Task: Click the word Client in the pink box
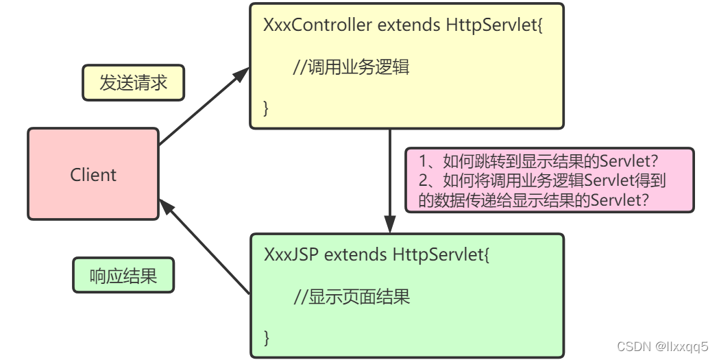(93, 175)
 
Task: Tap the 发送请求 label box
(133, 83)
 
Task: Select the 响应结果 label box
(123, 276)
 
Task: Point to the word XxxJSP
(291, 255)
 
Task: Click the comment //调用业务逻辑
(351, 67)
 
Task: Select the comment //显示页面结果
(352, 297)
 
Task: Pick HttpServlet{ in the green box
(441, 255)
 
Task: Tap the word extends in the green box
(356, 255)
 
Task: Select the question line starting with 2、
(542, 180)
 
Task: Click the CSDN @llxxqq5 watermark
(662, 347)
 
